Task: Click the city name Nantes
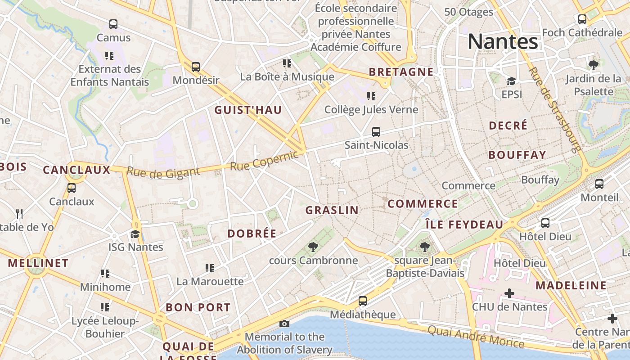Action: pos(503,41)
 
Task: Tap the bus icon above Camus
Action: pos(113,24)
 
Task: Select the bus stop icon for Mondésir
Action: pos(195,67)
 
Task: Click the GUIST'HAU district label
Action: pos(248,110)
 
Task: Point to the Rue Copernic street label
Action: pos(264,161)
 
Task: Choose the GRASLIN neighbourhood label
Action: pos(332,210)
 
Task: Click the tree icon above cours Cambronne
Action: pos(313,247)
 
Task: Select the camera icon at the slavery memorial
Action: pos(284,324)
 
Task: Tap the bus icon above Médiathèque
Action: pos(363,301)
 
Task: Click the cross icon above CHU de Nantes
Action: pos(509,293)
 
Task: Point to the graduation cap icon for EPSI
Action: pos(511,81)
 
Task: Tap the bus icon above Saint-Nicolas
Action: pos(376,132)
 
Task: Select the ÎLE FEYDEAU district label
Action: pos(464,225)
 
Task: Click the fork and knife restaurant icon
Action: pos(19,213)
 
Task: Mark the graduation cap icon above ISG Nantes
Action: pos(135,234)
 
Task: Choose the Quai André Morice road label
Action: pos(476,337)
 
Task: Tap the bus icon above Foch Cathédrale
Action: pos(582,19)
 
